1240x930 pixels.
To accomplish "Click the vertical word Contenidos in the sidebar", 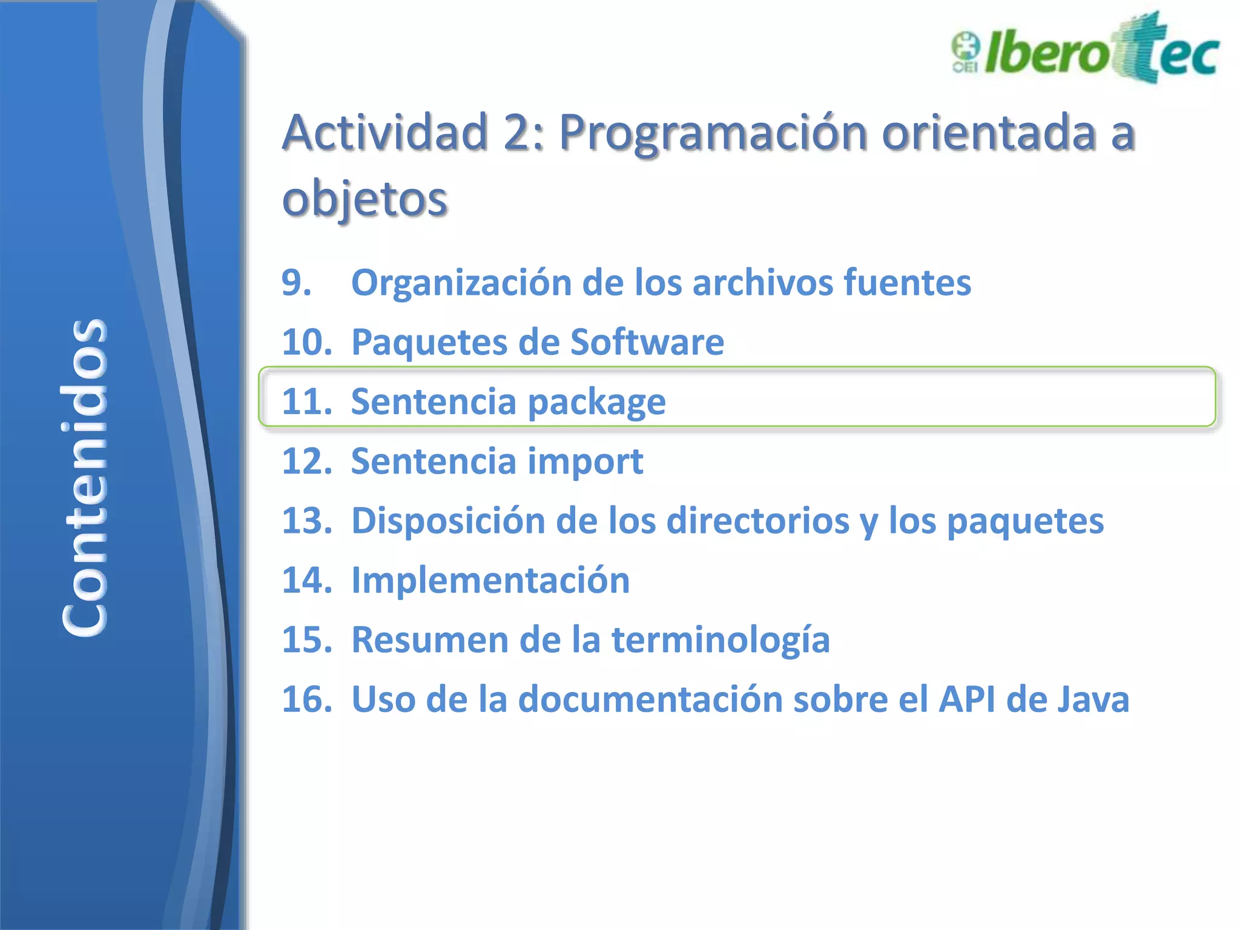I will (x=85, y=477).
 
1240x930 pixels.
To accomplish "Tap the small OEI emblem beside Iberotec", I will (x=965, y=53).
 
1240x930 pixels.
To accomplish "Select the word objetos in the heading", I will (x=364, y=199).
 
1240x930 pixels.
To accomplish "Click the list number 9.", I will (x=296, y=283).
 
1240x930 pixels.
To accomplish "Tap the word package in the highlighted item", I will (x=596, y=403).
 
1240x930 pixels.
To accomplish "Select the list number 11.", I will (x=307, y=401).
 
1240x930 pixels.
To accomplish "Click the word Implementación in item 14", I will (x=490, y=580).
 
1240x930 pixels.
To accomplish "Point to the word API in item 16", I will (x=966, y=699).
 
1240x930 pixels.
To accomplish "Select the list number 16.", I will (x=307, y=699).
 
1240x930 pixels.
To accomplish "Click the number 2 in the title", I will (x=517, y=133).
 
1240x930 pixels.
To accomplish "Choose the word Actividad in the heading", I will (x=386, y=133).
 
